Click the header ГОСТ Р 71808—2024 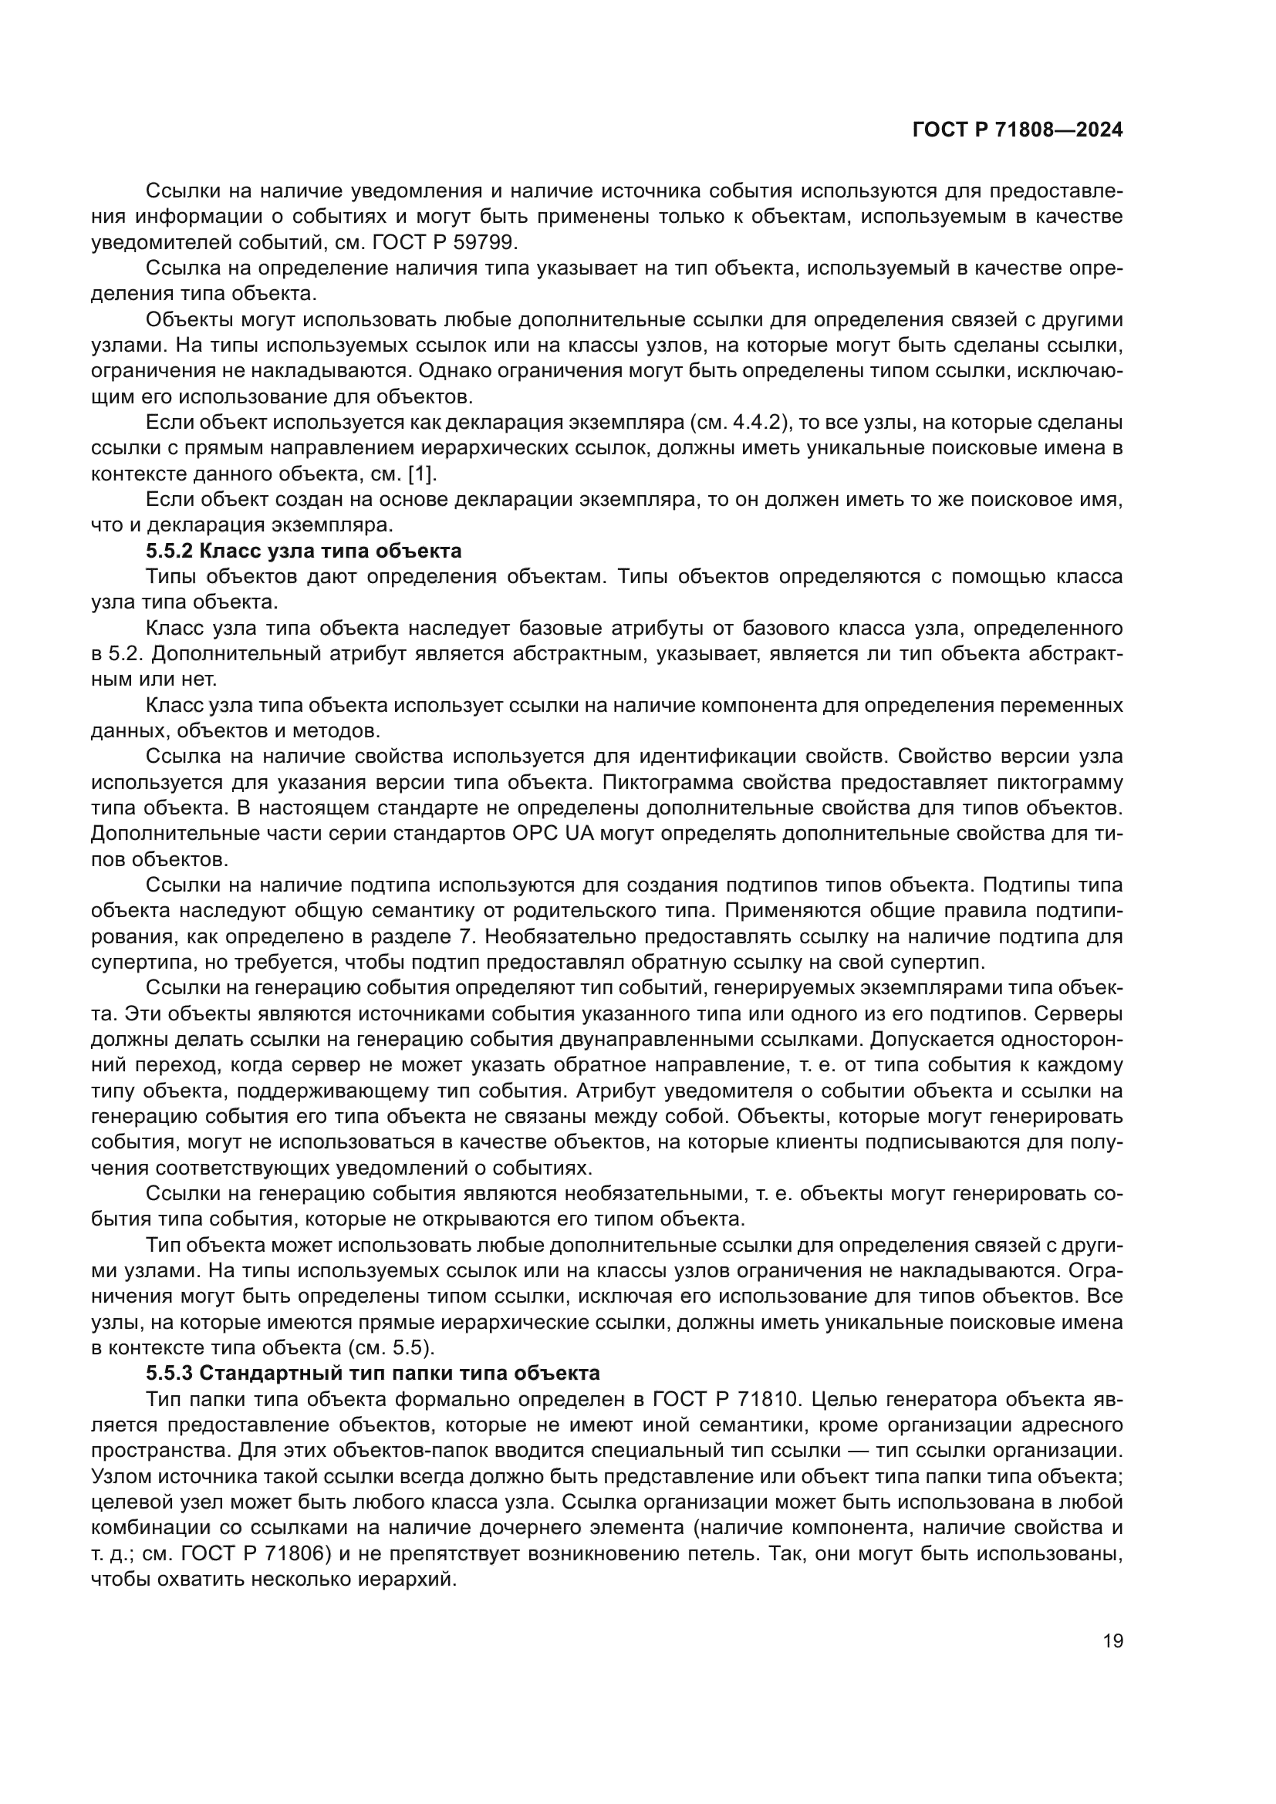1017,130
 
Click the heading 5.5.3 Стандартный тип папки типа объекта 373,1374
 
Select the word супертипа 139,962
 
